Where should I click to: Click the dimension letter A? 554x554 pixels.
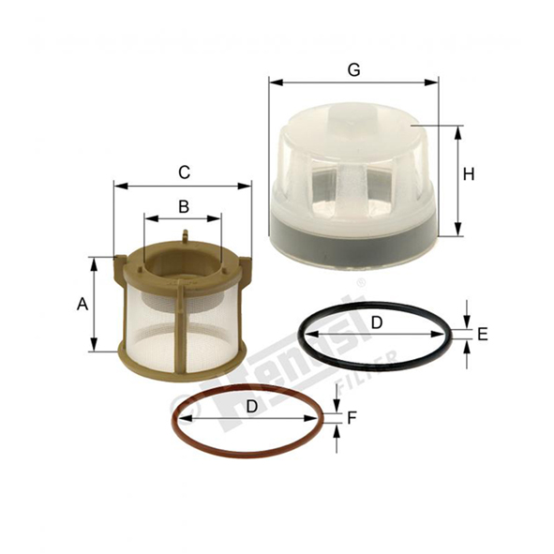tap(82, 304)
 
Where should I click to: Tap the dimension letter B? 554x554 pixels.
tap(184, 206)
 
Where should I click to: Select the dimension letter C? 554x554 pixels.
tap(184, 172)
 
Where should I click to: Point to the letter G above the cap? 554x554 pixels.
tap(353, 69)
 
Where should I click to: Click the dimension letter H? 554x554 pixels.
tap(469, 174)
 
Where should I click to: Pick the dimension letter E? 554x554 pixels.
tap(483, 334)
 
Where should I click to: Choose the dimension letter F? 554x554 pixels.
tap(352, 418)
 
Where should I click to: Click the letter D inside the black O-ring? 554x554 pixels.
tap(377, 322)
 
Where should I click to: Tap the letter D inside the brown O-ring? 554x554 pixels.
tap(251, 406)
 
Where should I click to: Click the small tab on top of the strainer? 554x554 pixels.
tap(185, 236)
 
